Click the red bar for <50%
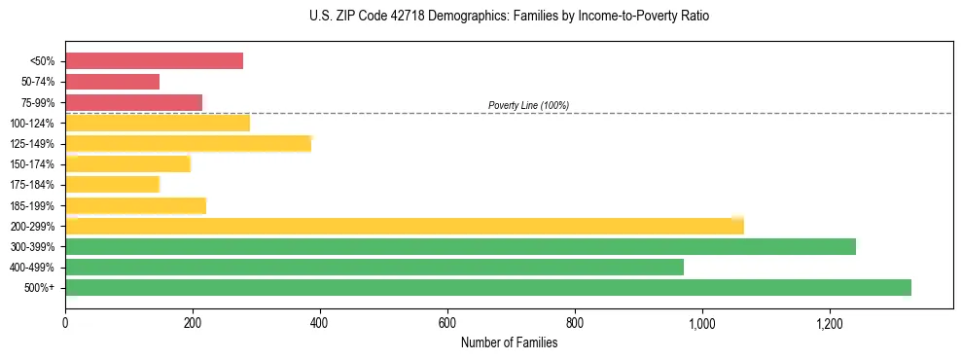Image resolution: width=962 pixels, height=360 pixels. [154, 61]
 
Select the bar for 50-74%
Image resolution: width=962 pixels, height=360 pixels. [112, 82]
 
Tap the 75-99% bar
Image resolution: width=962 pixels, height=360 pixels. [133, 102]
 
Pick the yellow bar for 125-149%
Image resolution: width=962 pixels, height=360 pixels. [188, 144]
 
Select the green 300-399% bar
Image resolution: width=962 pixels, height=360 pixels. [460, 246]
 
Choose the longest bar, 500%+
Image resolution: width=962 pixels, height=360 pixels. [488, 287]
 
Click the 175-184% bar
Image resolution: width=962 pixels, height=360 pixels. [112, 185]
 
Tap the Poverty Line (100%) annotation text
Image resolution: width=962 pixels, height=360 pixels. [528, 105]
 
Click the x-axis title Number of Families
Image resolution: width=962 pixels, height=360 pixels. [509, 342]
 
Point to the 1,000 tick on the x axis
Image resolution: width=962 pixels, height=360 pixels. [702, 323]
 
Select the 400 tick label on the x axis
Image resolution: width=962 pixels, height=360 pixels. [320, 323]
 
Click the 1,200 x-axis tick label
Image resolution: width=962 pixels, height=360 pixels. [830, 323]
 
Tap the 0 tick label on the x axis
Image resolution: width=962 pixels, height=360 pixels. [65, 323]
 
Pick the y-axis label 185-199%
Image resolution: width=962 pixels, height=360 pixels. [32, 205]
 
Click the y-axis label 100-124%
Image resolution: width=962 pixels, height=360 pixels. [32, 124]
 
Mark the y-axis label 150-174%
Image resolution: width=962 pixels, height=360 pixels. [32, 164]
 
